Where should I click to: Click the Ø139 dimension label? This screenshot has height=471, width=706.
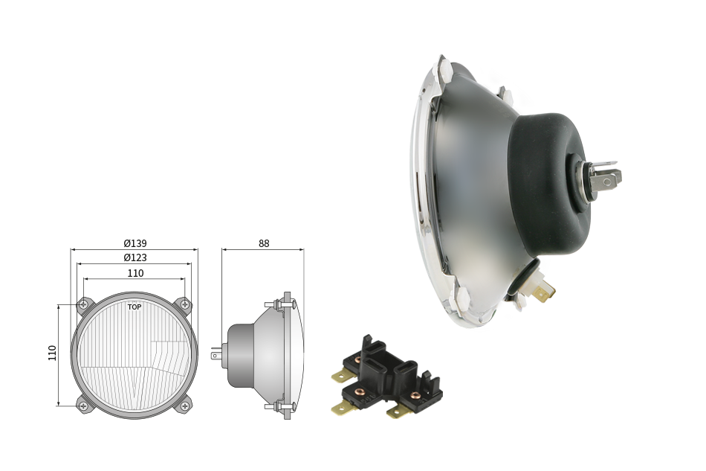(x=135, y=243)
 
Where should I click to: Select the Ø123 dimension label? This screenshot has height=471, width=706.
(x=135, y=257)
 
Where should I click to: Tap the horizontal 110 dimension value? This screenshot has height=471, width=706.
(x=135, y=273)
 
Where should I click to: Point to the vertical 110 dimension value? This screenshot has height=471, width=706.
(x=52, y=353)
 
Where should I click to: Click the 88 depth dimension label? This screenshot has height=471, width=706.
(x=264, y=243)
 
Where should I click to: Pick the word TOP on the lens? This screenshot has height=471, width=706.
(x=135, y=307)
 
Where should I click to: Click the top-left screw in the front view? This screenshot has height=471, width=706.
(x=83, y=304)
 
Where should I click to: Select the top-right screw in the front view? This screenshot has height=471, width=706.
(x=184, y=304)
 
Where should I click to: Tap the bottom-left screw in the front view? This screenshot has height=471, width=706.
(x=83, y=406)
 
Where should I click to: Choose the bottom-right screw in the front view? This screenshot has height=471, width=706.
(x=184, y=406)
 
